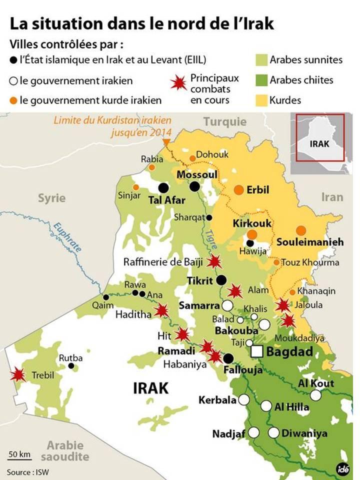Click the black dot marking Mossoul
[x=194, y=186]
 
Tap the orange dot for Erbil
[x=239, y=190]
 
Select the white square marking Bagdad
[x=257, y=351]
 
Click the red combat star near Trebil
[x=18, y=374]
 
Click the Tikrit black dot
[x=221, y=280]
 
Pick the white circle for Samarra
[x=227, y=305]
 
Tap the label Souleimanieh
[x=310, y=242]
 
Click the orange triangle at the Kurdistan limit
[x=166, y=143]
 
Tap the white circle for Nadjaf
[x=254, y=432]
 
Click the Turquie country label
[x=225, y=121]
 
